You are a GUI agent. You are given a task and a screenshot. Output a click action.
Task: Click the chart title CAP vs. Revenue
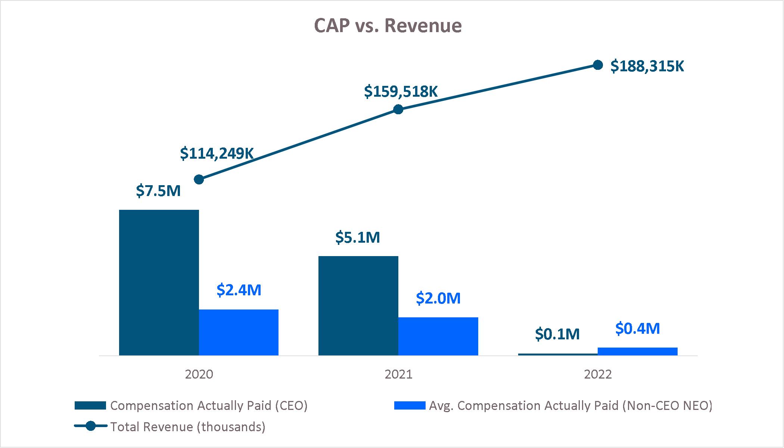[x=388, y=26]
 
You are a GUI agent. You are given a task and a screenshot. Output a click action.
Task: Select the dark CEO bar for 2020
[x=159, y=282]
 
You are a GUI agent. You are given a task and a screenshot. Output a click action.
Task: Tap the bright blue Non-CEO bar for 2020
[x=239, y=332]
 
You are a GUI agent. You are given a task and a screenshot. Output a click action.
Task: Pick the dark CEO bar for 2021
[x=358, y=305]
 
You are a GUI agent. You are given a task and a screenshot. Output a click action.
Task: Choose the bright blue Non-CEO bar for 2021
[x=438, y=336]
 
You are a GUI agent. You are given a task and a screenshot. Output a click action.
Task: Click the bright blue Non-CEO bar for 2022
[x=637, y=351]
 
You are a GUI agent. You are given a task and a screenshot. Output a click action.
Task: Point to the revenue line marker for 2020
[x=199, y=180]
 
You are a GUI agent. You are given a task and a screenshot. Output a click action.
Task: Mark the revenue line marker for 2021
[x=398, y=109]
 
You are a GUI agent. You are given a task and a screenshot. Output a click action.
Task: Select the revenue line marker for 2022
[x=598, y=65]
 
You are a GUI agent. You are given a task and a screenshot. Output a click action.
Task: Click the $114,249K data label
[x=217, y=153]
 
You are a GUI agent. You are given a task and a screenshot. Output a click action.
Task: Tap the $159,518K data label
[x=401, y=91]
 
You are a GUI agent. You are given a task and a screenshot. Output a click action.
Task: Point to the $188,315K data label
[x=647, y=66]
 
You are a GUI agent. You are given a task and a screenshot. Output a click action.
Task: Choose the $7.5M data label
[x=158, y=191]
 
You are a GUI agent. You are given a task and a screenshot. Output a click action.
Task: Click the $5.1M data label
[x=358, y=237]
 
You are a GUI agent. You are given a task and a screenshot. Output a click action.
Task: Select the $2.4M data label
[x=239, y=290]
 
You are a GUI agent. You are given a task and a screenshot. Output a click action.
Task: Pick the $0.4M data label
[x=638, y=329]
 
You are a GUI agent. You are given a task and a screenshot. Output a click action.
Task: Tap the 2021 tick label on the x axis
[x=398, y=374]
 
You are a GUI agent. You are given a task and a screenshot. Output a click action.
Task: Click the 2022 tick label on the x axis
[x=598, y=374]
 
